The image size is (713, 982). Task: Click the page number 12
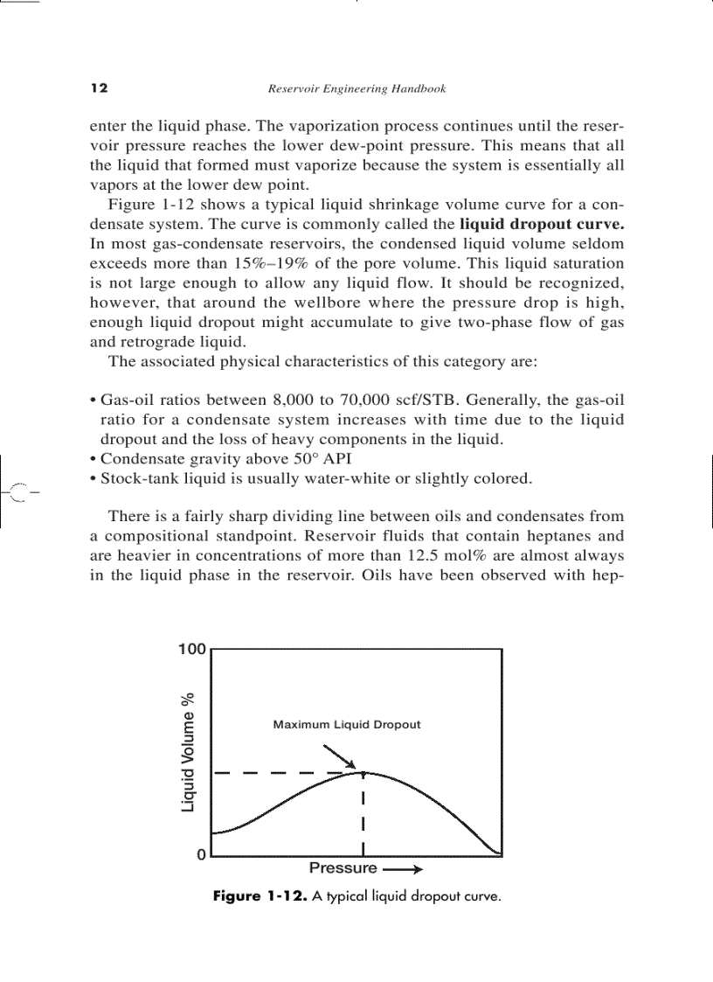[98, 88]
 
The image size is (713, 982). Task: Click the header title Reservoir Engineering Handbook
[356, 88]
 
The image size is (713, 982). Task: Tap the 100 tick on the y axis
[191, 650]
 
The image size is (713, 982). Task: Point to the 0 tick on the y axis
[201, 855]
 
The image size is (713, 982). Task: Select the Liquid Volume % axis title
[188, 752]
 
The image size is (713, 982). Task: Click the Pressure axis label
[343, 868]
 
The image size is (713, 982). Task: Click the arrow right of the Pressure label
[404, 869]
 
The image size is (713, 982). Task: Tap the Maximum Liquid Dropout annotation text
[347, 725]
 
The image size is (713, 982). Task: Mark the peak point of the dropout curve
[362, 772]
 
